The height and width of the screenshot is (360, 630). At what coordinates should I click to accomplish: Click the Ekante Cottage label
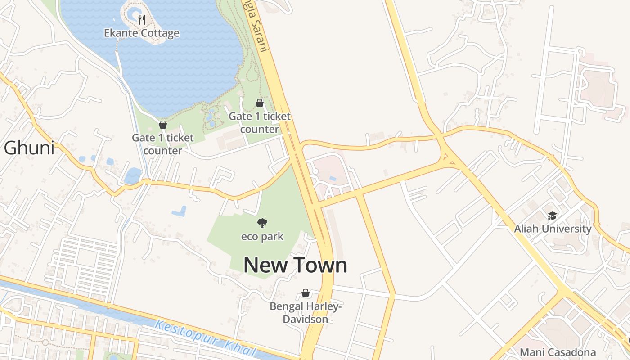point(142,33)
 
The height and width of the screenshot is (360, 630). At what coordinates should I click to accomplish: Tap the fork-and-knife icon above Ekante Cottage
point(142,19)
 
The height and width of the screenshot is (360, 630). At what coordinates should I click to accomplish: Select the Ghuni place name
point(29,148)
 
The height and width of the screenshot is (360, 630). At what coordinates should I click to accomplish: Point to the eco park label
point(262,236)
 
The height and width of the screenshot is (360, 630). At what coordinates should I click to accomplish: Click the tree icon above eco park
point(262,223)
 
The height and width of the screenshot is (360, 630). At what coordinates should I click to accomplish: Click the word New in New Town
point(265,265)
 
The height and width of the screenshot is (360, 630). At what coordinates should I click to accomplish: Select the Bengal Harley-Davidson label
point(306,313)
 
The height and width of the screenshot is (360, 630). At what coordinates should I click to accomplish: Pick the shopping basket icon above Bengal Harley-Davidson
point(306,293)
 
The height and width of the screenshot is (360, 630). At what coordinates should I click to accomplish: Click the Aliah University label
point(553,229)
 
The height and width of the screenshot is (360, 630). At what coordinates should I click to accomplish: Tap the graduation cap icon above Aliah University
point(552,216)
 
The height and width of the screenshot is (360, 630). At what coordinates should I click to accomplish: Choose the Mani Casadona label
point(558,352)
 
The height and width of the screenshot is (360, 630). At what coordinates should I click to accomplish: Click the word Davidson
point(306,319)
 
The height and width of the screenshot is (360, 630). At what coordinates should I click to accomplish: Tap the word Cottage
point(160,33)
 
